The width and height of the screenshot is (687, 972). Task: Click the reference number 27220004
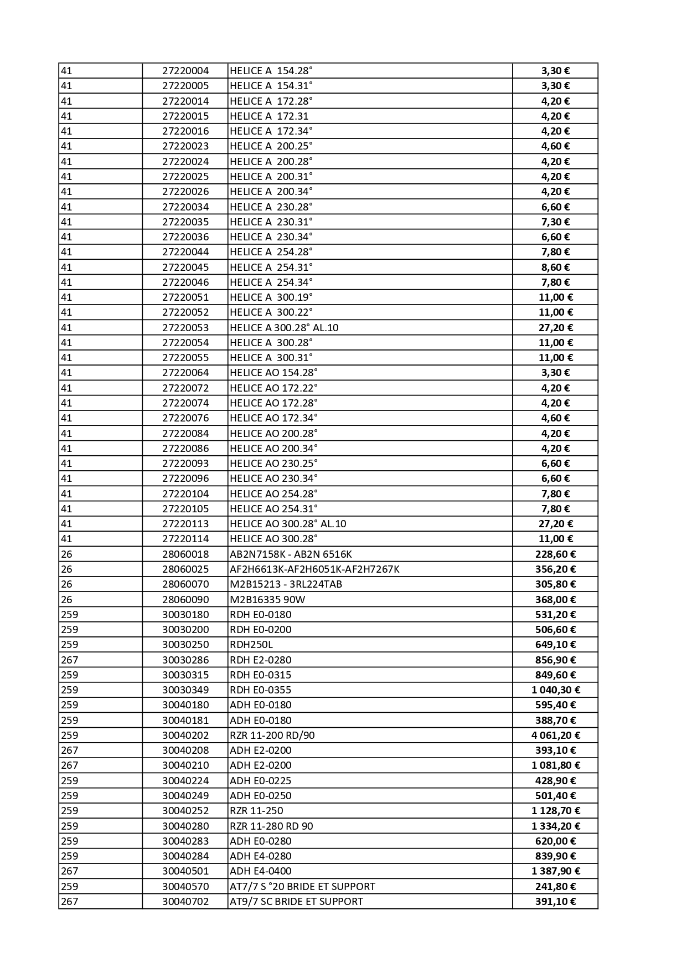click(x=185, y=71)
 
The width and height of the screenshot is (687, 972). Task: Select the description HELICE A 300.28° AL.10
click(x=284, y=328)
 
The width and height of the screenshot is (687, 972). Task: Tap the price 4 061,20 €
click(x=555, y=736)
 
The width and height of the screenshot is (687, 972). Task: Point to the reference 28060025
click(x=185, y=569)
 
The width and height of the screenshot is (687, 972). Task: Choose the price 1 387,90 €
click(x=555, y=871)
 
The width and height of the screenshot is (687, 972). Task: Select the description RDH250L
click(x=251, y=645)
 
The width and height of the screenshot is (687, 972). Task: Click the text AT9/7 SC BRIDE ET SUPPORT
click(x=296, y=902)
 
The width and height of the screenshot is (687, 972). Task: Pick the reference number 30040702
click(x=185, y=902)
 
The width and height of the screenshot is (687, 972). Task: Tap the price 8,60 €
click(x=555, y=268)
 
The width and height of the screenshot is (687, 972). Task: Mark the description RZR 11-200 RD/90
click(x=272, y=736)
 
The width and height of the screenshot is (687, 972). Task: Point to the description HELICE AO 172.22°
click(x=273, y=388)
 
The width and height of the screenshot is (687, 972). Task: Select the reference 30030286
click(x=185, y=660)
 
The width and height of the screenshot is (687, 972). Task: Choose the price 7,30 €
click(x=555, y=222)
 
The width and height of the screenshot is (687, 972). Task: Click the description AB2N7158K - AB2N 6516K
click(x=291, y=554)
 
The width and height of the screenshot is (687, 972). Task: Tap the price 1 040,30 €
click(x=555, y=690)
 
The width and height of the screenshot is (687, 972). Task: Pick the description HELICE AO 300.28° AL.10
click(x=288, y=524)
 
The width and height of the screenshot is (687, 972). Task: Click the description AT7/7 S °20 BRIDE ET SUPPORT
click(x=302, y=887)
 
